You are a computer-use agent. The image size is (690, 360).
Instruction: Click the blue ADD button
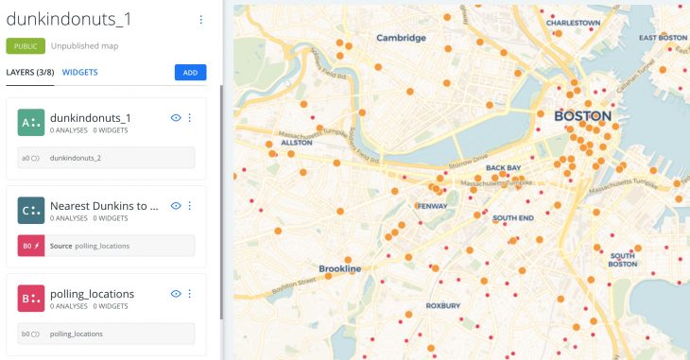pos(190,72)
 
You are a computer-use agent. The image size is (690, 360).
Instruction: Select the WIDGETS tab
pos(79,72)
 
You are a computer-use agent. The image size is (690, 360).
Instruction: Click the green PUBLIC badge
pos(25,44)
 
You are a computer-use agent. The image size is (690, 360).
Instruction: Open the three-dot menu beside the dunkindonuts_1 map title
pos(200,19)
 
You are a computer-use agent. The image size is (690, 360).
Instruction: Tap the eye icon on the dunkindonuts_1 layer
pos(175,117)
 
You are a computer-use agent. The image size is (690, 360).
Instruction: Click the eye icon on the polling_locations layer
pos(175,294)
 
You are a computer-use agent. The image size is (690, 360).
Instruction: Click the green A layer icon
pos(30,123)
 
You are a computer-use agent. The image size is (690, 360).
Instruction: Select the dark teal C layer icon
pos(30,211)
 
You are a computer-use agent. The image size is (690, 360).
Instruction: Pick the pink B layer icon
pos(30,299)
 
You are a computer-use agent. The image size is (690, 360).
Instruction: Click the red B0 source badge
pos(30,246)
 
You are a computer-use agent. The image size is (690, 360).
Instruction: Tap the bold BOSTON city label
pos(581,116)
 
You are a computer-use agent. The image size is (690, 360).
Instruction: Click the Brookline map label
pos(339,268)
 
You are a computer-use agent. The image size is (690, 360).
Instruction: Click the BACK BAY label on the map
pos(503,168)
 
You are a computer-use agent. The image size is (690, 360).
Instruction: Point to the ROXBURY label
pos(442,305)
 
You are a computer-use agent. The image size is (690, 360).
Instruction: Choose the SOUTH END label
pos(514,218)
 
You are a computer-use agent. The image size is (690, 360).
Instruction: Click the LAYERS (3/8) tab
pos(29,72)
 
